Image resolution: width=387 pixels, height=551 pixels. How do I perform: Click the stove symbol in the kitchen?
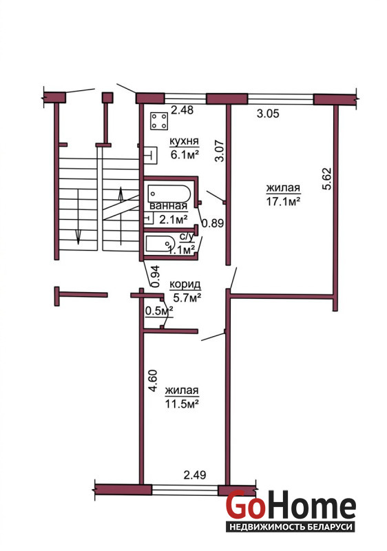pyautogui.click(x=159, y=121)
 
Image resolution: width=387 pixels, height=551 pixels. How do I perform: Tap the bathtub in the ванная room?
pyautogui.click(x=169, y=194)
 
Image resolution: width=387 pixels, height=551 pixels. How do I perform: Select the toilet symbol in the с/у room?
pyautogui.click(x=160, y=243)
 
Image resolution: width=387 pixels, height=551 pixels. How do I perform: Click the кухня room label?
pyautogui.click(x=185, y=141)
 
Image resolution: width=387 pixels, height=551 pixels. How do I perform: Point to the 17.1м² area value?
pyautogui.click(x=283, y=201)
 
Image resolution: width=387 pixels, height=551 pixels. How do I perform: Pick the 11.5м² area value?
pyautogui.click(x=182, y=404)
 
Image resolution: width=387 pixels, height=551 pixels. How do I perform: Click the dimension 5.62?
pyautogui.click(x=326, y=179)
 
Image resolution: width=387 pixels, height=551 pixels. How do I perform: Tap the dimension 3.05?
pyautogui.click(x=268, y=114)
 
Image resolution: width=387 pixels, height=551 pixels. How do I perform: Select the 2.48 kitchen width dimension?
pyautogui.click(x=182, y=110)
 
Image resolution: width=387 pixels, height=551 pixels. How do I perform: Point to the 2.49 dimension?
pyautogui.click(x=195, y=475)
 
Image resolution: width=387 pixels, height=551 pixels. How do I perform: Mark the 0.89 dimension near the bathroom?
pyautogui.click(x=213, y=222)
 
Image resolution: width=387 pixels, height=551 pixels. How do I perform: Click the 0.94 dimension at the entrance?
pyautogui.click(x=156, y=277)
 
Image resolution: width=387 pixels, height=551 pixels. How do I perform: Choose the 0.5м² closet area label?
pyautogui.click(x=160, y=311)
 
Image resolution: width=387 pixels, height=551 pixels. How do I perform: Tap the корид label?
pyautogui.click(x=185, y=284)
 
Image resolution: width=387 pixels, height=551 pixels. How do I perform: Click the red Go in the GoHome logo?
pyautogui.click(x=245, y=506)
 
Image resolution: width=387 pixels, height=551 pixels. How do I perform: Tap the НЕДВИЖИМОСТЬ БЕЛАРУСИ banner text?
pyautogui.click(x=291, y=527)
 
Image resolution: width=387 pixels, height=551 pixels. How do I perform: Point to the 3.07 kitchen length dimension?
pyautogui.click(x=220, y=151)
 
